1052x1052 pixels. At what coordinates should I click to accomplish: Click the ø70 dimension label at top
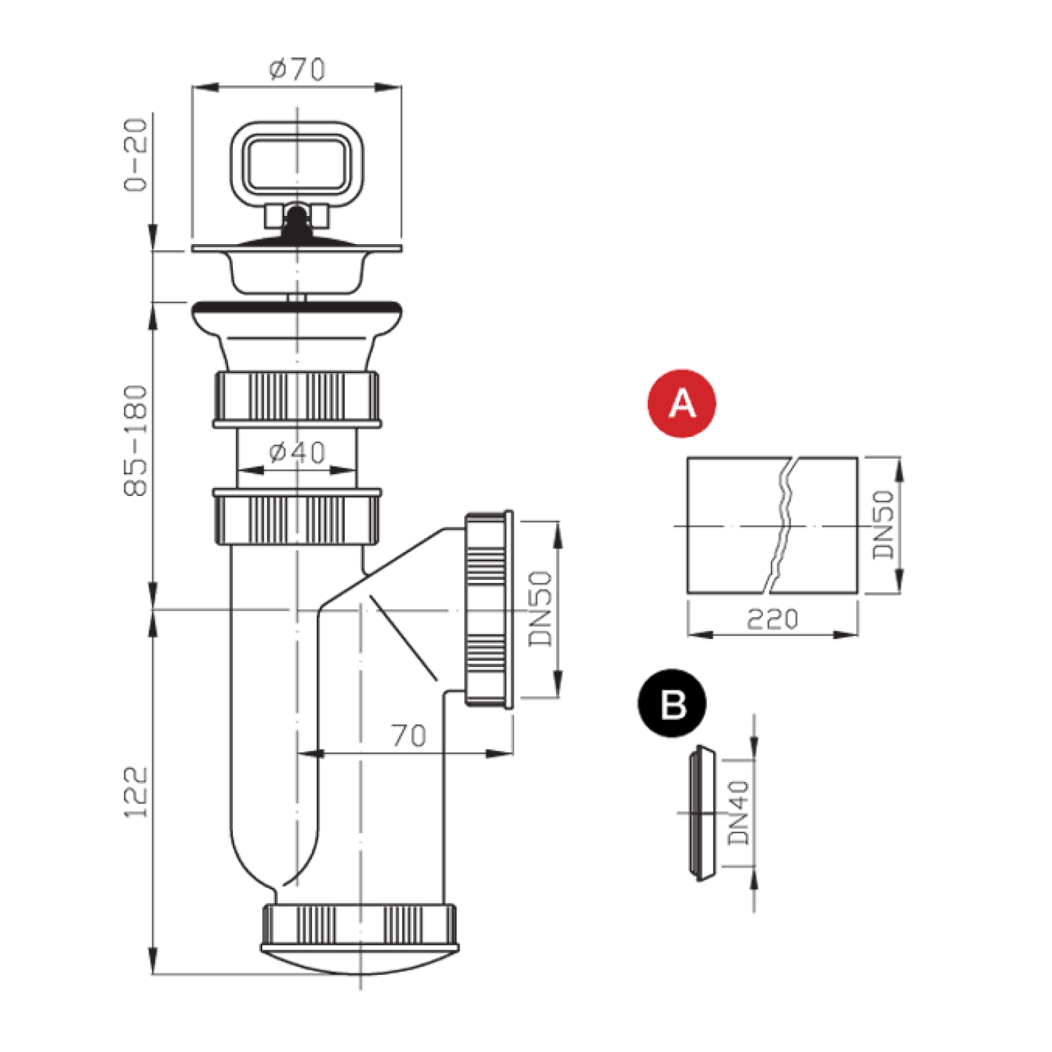click(x=297, y=69)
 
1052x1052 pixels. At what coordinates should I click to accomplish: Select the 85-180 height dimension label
click(x=136, y=440)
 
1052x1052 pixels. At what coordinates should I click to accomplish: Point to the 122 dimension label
click(x=136, y=792)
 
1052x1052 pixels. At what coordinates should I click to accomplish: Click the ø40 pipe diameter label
click(x=297, y=452)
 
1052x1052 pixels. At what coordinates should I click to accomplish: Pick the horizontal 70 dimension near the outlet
click(x=408, y=735)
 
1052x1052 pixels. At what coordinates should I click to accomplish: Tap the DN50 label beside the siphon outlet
click(x=541, y=608)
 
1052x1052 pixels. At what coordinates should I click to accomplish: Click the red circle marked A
click(x=682, y=403)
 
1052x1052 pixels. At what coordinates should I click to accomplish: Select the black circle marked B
click(x=673, y=703)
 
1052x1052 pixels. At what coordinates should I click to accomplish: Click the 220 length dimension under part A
click(x=772, y=619)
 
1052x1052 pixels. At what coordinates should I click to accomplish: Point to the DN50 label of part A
click(x=884, y=524)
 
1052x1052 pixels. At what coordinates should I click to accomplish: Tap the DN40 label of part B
click(x=739, y=813)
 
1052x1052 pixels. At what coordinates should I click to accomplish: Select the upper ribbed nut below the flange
click(x=297, y=398)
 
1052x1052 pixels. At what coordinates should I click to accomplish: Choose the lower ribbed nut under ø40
click(x=297, y=518)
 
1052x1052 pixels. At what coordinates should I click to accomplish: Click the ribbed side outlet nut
click(x=487, y=608)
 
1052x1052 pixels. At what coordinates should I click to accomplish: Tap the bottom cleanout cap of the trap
click(x=360, y=940)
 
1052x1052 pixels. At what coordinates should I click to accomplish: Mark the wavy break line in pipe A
click(x=783, y=525)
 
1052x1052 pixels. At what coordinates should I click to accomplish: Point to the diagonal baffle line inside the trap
click(x=403, y=638)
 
